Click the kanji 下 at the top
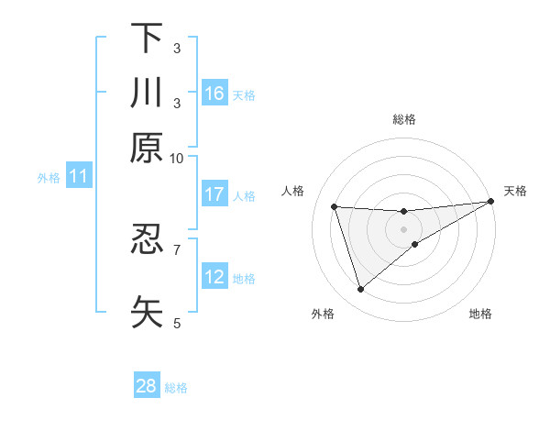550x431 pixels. (147, 39)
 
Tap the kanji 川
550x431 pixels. (147, 94)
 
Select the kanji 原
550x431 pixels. (147, 148)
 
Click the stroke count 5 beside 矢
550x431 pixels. (177, 323)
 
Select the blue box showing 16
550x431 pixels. (214, 94)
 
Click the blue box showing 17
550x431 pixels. (214, 194)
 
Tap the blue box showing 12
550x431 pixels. (214, 277)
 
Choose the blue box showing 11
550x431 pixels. (78, 177)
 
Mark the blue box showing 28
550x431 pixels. (147, 386)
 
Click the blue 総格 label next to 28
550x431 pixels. (176, 388)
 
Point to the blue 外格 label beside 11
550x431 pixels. (49, 178)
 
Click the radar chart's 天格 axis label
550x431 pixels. (515, 191)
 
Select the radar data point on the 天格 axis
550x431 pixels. (492, 202)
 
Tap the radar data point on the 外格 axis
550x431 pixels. (360, 290)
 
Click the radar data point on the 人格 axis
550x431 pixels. (335, 206)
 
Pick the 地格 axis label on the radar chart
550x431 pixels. (480, 314)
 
